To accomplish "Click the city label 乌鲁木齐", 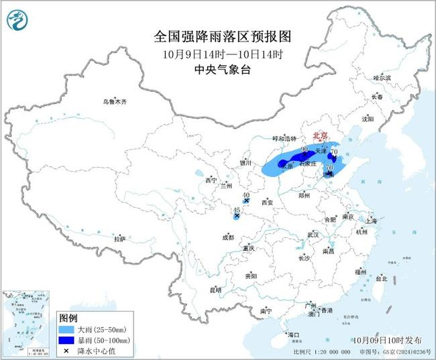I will tap(115, 101).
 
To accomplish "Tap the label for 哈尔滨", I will tap(382, 78).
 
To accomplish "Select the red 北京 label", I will tap(322, 135).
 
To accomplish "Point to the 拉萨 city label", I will tap(119, 238).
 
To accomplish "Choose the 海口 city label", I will tap(292, 334).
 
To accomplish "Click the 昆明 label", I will tap(215, 290).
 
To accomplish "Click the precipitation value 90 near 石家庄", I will tap(305, 149).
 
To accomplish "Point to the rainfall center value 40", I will tap(246, 194).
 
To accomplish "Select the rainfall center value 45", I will tap(236, 211).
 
